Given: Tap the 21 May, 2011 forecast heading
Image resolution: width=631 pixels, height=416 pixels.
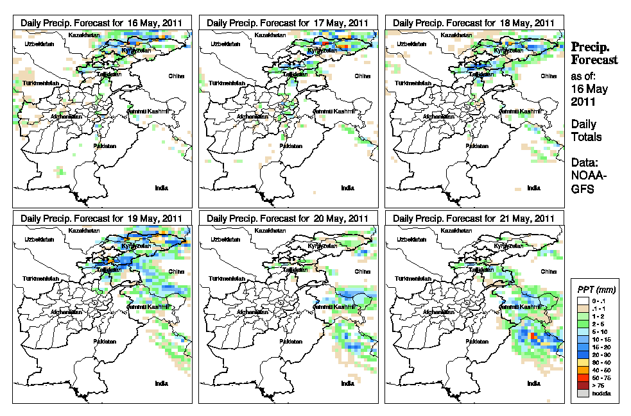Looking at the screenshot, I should click(474, 218).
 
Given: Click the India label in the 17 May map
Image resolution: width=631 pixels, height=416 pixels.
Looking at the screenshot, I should click(347, 188).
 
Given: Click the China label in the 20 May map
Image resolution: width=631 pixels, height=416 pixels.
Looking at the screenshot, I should click(361, 271).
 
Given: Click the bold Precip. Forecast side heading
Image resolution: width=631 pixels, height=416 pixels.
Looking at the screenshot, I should click(594, 53).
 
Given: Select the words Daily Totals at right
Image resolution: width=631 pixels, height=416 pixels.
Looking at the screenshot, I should click(586, 130).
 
